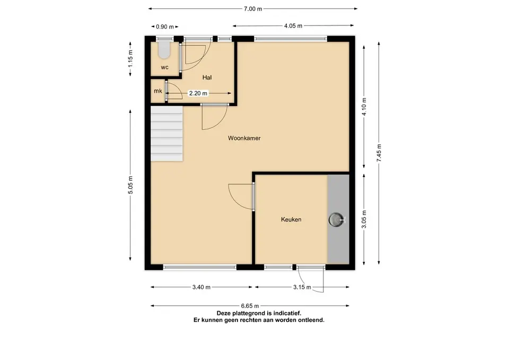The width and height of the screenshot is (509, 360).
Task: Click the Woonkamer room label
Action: point(244,138)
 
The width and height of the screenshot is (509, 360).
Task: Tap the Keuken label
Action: point(291,219)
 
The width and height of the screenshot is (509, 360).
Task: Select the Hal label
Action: point(207,77)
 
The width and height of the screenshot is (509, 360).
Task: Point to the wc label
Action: point(164,67)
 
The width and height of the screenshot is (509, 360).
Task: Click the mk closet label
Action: point(158,91)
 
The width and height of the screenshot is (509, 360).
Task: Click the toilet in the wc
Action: point(164,50)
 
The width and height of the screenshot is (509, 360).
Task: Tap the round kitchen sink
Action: point(336,219)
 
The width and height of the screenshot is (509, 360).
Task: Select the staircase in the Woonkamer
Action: point(166,134)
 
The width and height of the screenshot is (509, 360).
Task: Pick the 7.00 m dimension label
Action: point(253,9)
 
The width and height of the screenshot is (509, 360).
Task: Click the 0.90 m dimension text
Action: point(165,27)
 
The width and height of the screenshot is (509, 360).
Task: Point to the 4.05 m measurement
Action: point(293,26)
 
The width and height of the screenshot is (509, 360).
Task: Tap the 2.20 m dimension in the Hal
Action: point(198,93)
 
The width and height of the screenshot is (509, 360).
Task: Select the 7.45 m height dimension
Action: point(379,153)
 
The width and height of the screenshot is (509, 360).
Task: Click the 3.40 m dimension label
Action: point(201,287)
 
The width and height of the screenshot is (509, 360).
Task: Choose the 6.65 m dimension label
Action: point(250,306)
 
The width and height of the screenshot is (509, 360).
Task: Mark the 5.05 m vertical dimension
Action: point(130,185)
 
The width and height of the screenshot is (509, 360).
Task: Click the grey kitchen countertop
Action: point(338,219)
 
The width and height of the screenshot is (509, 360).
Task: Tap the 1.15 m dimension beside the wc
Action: point(130,58)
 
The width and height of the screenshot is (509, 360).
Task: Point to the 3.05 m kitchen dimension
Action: point(364,219)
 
